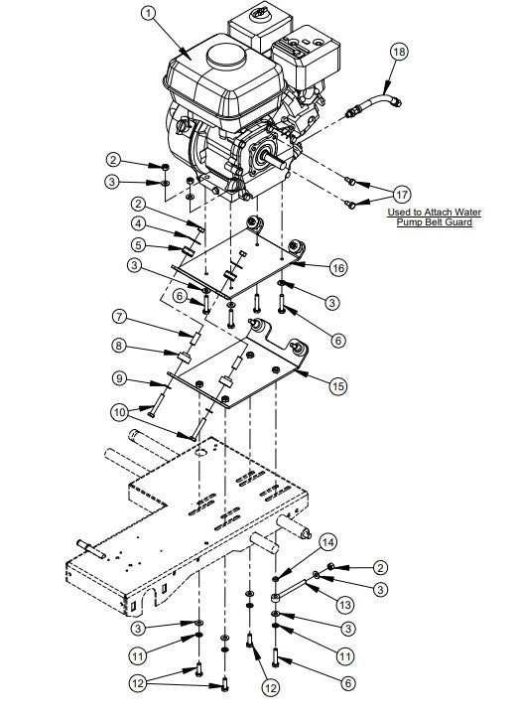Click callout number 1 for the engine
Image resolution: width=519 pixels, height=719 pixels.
[149, 13]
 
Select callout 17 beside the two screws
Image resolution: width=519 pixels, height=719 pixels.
[401, 193]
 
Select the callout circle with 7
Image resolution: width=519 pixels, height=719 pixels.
[117, 318]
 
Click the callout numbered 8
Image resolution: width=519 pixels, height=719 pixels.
[117, 347]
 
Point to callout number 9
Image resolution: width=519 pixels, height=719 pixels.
[117, 379]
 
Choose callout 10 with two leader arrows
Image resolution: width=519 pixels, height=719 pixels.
[117, 410]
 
